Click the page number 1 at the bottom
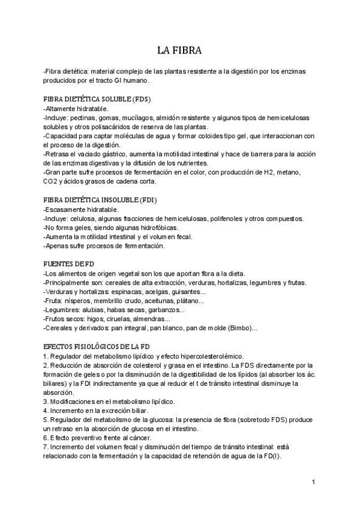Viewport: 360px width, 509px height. click(x=313, y=482)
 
